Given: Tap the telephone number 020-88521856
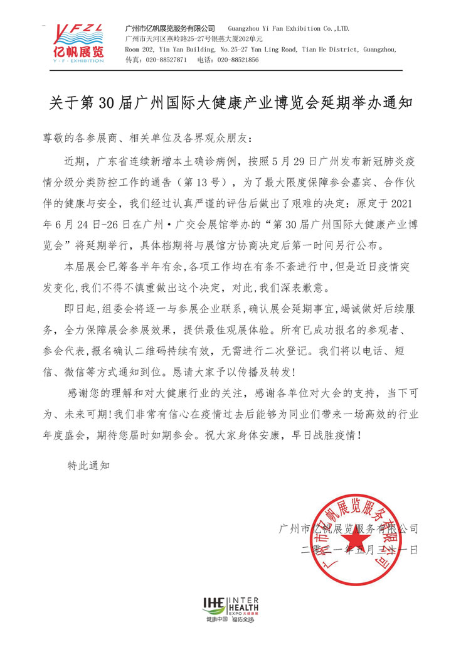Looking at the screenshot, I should pos(237,60).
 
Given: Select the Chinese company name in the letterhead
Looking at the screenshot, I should pos(170,29).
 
